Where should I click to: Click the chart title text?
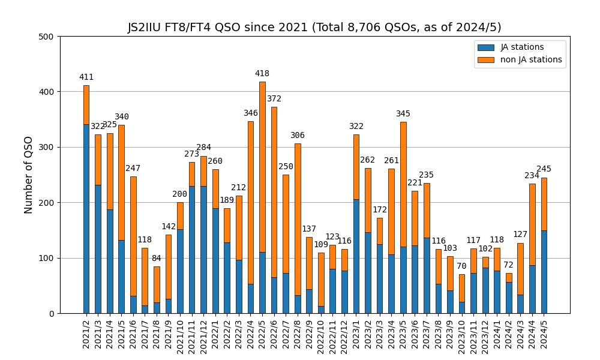pos(314,28)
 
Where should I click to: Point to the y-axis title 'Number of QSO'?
pos(29,175)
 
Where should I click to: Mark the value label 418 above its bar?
pos(262,74)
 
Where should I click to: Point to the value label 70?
pos(461,266)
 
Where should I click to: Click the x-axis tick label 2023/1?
pos(356,336)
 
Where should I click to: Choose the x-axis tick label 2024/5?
pos(544,336)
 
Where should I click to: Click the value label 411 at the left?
pos(86,77)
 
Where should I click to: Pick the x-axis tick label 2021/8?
pos(157,336)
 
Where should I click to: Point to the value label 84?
pos(157,259)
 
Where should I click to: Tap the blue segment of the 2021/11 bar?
pos(192,250)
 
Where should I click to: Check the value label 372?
pos(274,99)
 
